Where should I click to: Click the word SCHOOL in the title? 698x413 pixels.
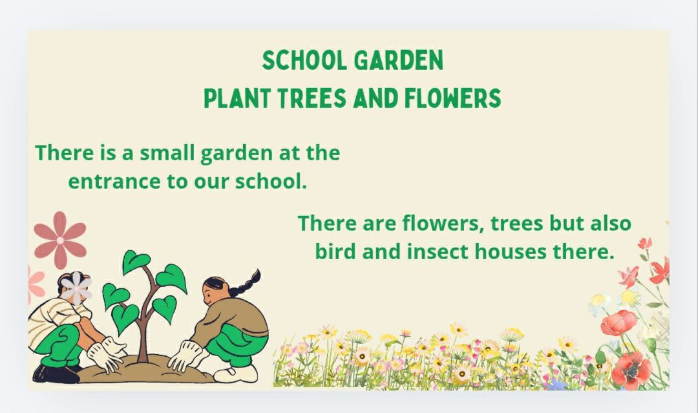[x=304, y=61]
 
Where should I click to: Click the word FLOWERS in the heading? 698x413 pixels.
[x=452, y=98]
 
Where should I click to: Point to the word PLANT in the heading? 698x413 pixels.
[x=237, y=98]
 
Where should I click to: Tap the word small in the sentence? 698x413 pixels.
[x=167, y=153]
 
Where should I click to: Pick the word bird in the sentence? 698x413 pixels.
[x=334, y=251]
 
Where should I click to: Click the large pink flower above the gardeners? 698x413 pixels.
[x=60, y=240]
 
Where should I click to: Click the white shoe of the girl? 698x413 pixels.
[x=235, y=374]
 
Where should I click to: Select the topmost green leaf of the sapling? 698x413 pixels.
[x=135, y=261]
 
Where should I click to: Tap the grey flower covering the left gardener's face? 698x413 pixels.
[x=76, y=288]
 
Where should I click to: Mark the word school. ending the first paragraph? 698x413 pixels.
[x=271, y=182]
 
